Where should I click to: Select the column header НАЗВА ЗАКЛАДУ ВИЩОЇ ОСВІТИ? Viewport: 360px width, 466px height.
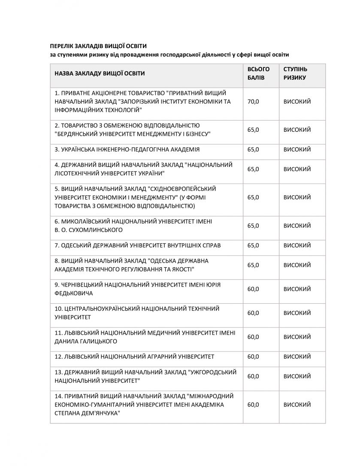[x=100, y=73]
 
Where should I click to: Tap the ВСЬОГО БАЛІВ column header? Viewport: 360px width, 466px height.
[x=259, y=73]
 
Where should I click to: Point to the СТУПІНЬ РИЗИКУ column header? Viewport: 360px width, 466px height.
[x=295, y=73]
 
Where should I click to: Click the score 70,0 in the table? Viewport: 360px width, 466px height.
[x=253, y=102]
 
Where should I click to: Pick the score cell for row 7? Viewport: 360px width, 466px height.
[x=253, y=245]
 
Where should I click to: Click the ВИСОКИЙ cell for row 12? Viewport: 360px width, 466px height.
[x=297, y=357]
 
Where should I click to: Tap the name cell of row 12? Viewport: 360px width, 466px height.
[x=134, y=357]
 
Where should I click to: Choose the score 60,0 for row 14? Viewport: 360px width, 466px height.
[x=253, y=405]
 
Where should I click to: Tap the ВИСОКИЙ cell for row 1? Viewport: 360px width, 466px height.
[x=297, y=102]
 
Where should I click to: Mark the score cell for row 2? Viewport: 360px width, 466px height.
[x=253, y=130]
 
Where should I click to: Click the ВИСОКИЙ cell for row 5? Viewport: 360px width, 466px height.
[x=297, y=197]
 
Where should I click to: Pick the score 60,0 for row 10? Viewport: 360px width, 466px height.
[x=253, y=313]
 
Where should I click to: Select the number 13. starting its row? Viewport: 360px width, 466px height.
[x=59, y=372]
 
